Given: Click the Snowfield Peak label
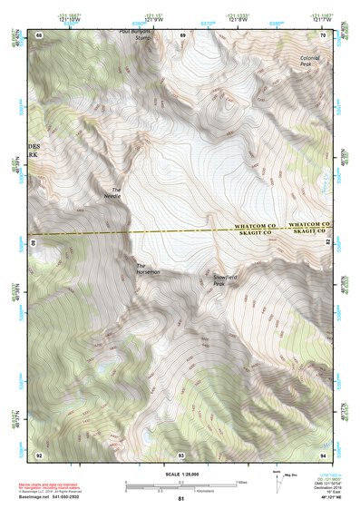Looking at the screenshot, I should (x=225, y=279).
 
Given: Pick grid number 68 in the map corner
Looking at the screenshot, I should (x=39, y=34).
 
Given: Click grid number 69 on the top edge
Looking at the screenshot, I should (x=181, y=34).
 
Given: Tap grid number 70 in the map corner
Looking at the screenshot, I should (x=323, y=34).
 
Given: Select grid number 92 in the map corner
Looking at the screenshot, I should (x=39, y=453).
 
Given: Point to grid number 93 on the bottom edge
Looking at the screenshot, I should (x=181, y=454).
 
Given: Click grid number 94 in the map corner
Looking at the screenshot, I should (x=323, y=453).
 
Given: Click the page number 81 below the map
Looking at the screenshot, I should (x=180, y=499).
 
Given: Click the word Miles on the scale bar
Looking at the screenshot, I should (x=239, y=482).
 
